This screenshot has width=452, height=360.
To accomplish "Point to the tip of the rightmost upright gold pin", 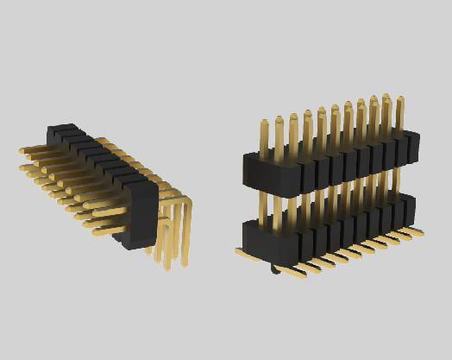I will pyautogui.click(x=399, y=103).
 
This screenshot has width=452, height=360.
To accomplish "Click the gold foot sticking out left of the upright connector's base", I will pyautogui.click(x=244, y=252).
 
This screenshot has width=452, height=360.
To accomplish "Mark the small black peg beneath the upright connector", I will pyautogui.click(x=274, y=269).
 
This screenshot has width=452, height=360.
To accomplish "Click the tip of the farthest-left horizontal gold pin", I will pyautogui.click(x=22, y=154).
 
